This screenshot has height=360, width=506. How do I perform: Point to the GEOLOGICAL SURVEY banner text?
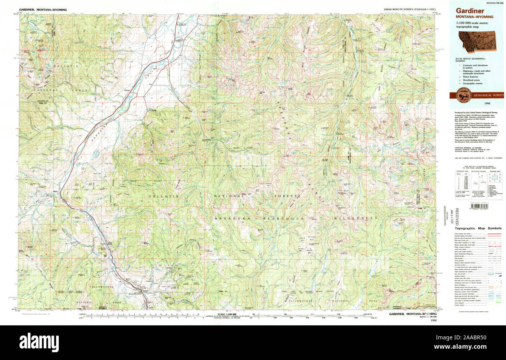click(488, 95)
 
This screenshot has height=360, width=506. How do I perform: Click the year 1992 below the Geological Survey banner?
click(487, 104)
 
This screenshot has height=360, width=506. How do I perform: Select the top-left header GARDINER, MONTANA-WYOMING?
click(43, 9)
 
